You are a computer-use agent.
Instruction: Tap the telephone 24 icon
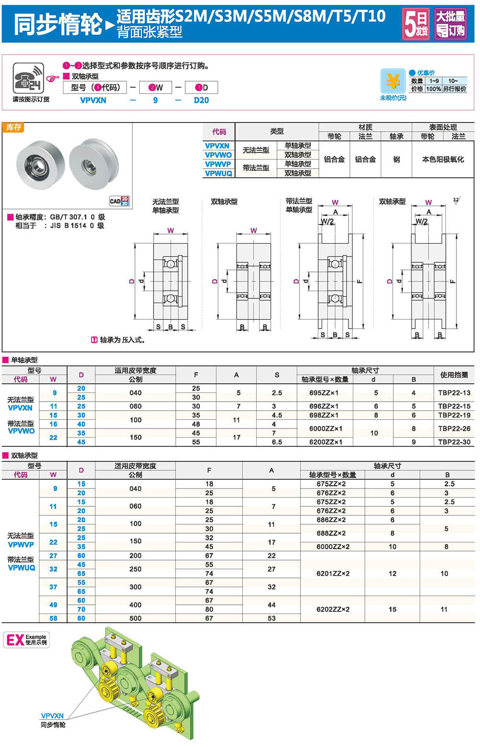point(28,78)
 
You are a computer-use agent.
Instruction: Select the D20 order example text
point(201,100)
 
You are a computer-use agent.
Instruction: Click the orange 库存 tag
point(13,127)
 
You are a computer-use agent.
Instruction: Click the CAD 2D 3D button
point(119,201)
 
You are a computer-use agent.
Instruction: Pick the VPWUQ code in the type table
point(218,173)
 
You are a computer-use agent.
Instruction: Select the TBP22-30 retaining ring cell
point(454,442)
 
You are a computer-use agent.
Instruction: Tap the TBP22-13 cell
point(454,392)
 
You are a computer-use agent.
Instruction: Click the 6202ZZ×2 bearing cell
point(333,609)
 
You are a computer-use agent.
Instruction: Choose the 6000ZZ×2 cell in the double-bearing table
point(333,547)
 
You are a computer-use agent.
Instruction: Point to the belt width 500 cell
point(135,618)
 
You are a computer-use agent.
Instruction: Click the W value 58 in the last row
point(53,618)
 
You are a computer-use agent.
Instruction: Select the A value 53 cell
point(272,618)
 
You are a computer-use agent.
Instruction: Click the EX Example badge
point(27,639)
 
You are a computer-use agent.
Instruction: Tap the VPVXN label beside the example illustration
point(52,716)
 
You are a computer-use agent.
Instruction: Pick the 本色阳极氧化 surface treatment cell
point(443,159)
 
